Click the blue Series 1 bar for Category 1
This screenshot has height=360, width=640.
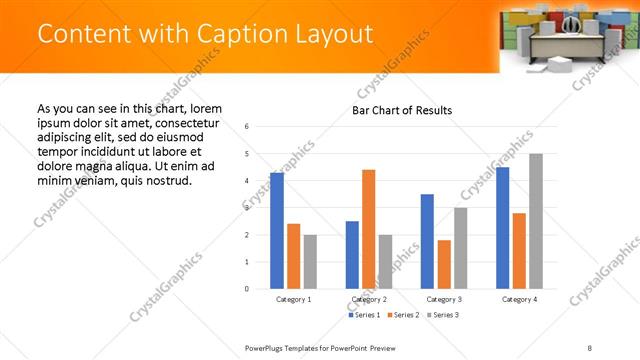coord(277,231)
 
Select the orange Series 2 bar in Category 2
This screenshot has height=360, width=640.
coord(368,229)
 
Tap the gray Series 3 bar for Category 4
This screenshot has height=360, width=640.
coord(536,221)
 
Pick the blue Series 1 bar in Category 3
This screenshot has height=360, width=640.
coord(427,241)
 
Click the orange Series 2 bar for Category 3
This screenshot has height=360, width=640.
coord(444,264)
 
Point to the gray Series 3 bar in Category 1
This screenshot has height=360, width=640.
coord(311,262)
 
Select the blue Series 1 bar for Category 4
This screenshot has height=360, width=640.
coord(502,228)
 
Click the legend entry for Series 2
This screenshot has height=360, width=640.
coord(403,315)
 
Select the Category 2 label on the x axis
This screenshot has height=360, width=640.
coord(368,299)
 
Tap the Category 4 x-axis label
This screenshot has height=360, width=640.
coord(519,299)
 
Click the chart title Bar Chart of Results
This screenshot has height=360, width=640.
coord(402,110)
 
